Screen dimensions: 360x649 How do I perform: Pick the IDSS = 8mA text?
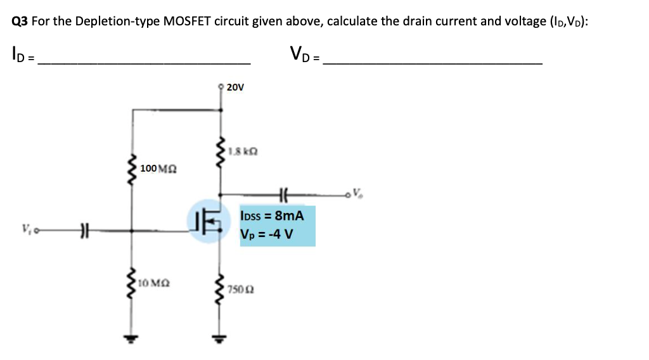272,216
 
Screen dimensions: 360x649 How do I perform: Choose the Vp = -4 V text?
266,234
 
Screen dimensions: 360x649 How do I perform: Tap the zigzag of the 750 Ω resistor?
221,289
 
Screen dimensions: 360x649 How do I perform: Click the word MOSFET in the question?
187,21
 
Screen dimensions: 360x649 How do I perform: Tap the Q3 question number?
20,21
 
